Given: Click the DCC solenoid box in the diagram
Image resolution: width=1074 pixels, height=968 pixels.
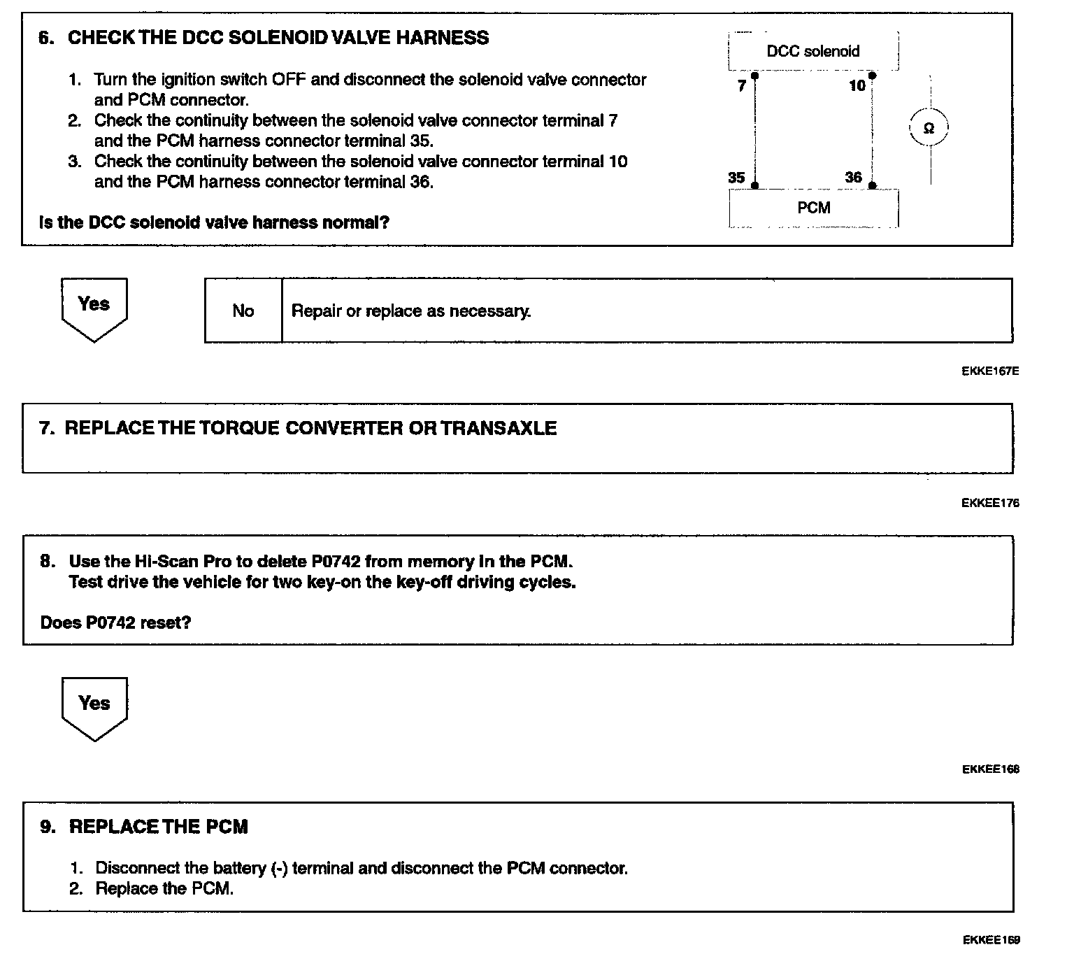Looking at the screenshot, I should [x=813, y=51].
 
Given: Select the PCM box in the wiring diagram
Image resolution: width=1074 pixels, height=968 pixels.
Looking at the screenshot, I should [x=813, y=208].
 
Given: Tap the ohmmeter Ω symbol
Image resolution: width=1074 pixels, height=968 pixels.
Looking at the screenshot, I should [x=929, y=128].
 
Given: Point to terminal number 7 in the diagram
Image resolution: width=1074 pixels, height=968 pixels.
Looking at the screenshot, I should [x=742, y=86].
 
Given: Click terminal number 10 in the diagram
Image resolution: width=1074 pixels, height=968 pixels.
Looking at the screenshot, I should [x=857, y=86].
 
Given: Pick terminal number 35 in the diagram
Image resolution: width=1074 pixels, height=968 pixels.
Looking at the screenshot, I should [x=736, y=178].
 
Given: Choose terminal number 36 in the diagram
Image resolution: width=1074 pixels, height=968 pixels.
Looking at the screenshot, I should [x=853, y=178].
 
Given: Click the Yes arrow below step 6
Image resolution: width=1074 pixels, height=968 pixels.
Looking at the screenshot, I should [x=94, y=308].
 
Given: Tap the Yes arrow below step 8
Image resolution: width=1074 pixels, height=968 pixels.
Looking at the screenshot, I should [x=94, y=706].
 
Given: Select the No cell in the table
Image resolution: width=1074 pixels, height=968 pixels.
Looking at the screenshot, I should [x=243, y=311].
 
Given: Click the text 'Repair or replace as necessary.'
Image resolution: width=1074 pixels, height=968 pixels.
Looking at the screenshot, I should [x=411, y=311].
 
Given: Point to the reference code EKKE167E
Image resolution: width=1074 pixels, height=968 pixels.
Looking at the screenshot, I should [x=990, y=371].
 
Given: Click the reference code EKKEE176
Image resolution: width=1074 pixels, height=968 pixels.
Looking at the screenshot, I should [x=990, y=502].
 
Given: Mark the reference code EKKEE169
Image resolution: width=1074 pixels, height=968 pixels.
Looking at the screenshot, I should [x=991, y=940].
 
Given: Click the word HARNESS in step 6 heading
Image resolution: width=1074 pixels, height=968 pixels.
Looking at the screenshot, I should [x=443, y=38].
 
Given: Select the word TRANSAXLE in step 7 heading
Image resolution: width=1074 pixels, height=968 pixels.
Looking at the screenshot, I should [x=499, y=428].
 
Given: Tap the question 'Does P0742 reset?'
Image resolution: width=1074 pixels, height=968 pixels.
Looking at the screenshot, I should [x=115, y=622].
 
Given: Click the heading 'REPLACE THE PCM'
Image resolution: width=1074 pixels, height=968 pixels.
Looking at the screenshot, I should [x=158, y=827].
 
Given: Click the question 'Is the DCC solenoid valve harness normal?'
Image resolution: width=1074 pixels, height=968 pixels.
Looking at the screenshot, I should [x=215, y=222].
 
